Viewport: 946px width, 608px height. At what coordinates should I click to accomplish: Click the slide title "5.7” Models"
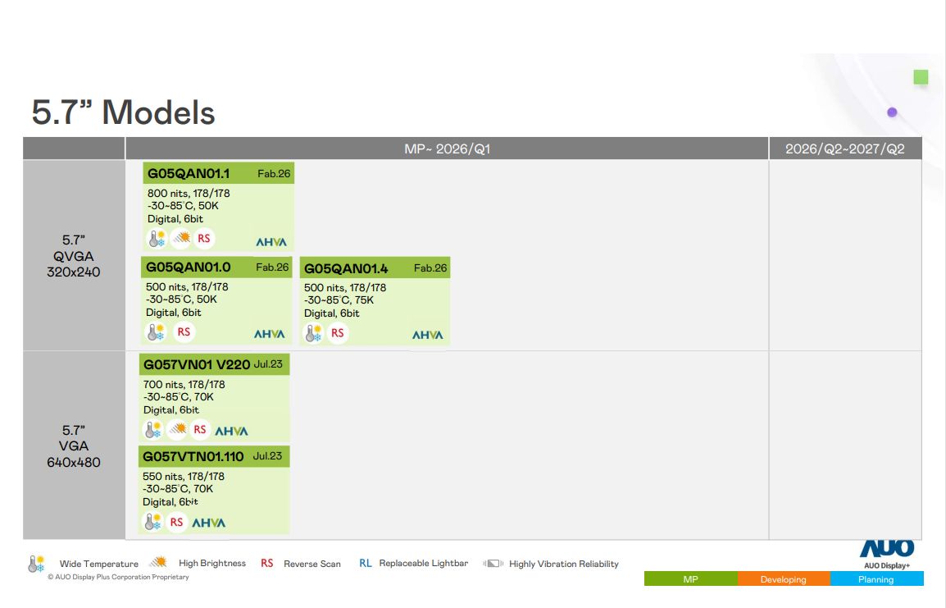click(123, 112)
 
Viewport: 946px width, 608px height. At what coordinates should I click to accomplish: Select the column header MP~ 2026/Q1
click(447, 149)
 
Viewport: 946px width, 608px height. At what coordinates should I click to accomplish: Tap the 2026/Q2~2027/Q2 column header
click(844, 149)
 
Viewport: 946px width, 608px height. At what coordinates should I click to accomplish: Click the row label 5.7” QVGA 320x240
click(74, 256)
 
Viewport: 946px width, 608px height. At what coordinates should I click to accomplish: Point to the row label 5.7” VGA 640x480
click(74, 446)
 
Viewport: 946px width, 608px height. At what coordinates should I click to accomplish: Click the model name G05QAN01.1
click(189, 173)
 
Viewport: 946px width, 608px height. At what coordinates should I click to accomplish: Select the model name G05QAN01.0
click(189, 267)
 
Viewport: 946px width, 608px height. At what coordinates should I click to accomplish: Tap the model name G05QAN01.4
click(346, 268)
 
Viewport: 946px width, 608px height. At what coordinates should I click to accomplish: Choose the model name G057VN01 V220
click(197, 364)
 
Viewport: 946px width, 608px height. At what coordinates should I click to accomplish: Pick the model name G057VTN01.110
click(193, 456)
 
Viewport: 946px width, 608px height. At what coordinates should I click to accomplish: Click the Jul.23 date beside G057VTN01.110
click(267, 455)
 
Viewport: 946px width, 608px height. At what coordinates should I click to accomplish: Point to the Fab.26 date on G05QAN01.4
click(430, 268)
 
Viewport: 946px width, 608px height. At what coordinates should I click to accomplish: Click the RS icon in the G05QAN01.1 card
click(204, 239)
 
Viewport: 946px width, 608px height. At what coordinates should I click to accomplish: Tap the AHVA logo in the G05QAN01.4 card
click(427, 335)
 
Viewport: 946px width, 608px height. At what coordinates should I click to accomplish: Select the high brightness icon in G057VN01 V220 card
click(177, 429)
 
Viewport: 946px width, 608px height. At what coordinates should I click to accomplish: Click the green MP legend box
click(690, 579)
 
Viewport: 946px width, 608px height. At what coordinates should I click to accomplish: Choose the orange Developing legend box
click(783, 579)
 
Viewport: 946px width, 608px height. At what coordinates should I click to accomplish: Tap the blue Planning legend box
click(876, 579)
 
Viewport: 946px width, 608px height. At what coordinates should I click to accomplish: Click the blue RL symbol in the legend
click(366, 564)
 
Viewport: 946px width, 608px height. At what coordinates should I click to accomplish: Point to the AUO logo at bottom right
click(887, 549)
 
